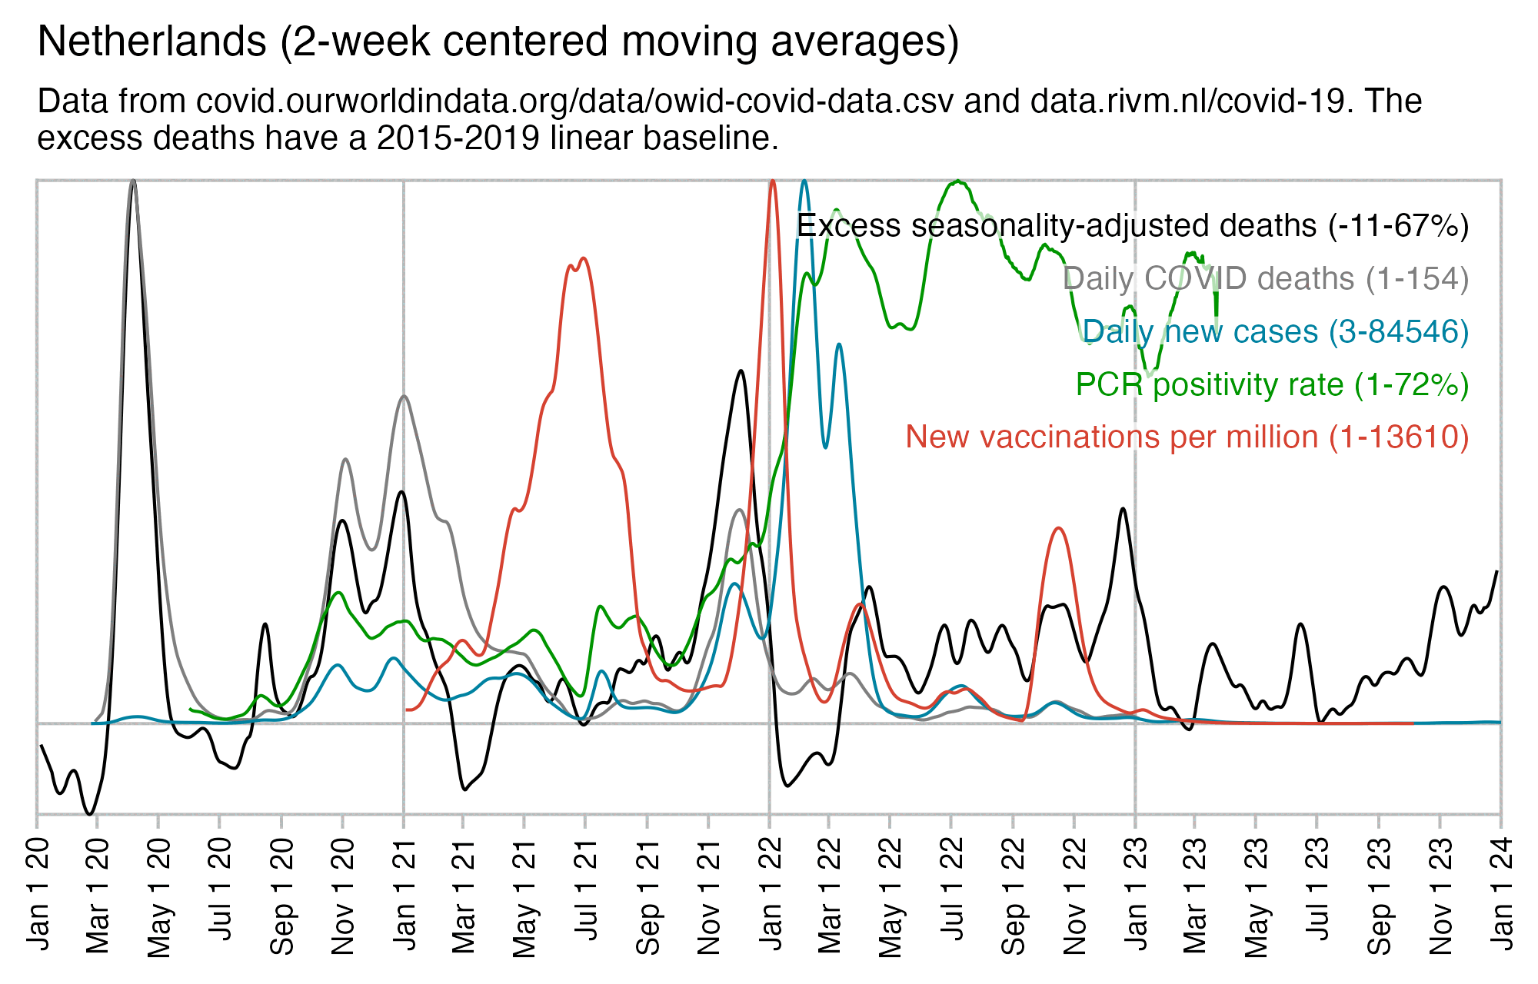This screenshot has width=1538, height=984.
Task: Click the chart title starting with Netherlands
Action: tap(498, 42)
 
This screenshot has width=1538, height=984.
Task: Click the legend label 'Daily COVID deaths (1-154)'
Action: tap(1265, 278)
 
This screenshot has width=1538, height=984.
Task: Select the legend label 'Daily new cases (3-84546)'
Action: tap(1275, 331)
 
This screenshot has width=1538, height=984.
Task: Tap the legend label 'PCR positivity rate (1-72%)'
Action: tap(1272, 384)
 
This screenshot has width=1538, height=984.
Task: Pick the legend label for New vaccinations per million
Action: tap(1187, 437)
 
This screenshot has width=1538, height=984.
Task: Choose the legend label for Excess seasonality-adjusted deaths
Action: tap(1132, 226)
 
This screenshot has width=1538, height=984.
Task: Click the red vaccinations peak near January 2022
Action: tap(772, 181)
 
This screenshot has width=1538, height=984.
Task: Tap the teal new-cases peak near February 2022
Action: tap(804, 181)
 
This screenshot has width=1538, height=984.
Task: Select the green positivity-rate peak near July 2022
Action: tap(957, 181)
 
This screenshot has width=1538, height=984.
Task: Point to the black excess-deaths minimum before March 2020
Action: tap(90, 813)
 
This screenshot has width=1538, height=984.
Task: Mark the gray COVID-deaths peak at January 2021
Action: tap(404, 397)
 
